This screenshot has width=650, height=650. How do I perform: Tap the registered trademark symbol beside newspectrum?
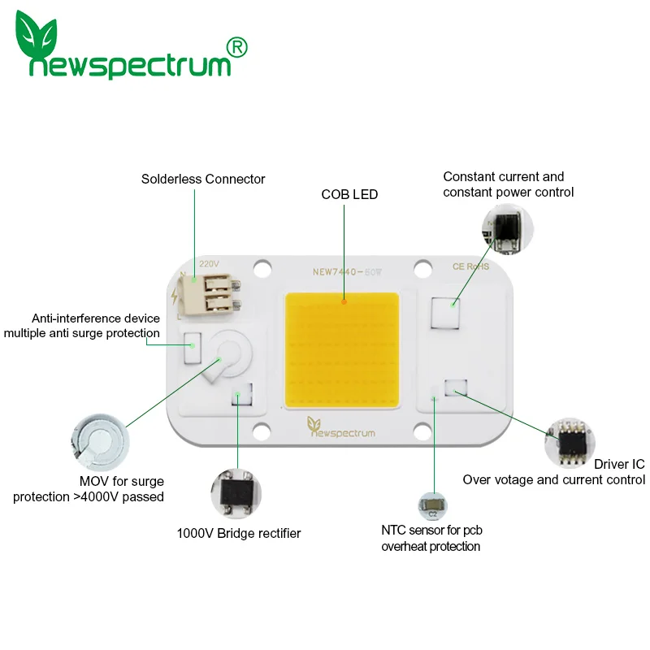238,48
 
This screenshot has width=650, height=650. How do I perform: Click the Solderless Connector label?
203,179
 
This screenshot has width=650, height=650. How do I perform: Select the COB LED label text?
349,194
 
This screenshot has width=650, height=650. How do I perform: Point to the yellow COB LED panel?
342,350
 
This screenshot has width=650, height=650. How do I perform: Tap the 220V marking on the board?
209,264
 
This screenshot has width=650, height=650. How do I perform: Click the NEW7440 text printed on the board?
334,273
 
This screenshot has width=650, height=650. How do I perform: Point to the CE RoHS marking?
470,266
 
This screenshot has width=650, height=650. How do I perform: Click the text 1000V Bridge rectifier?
239,534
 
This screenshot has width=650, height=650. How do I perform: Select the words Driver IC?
619,464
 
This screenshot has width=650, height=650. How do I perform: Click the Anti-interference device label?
96,318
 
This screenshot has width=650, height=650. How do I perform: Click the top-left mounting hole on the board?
262,266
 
